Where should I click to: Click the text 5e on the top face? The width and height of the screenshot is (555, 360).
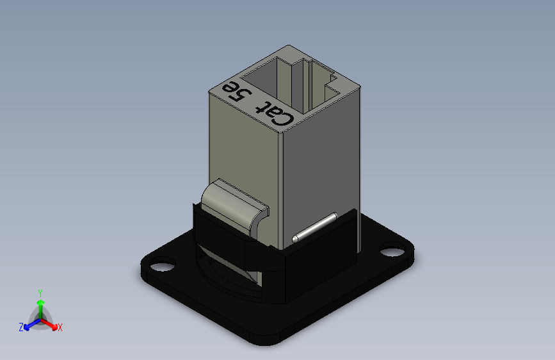point(236,91)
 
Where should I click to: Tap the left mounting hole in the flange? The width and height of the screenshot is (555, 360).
point(163,266)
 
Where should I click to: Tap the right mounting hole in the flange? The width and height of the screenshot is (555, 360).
point(392,250)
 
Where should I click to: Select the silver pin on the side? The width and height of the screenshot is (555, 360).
point(314,228)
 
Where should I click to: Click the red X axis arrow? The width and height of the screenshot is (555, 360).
point(49,323)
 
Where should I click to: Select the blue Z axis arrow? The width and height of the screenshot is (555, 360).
point(33,324)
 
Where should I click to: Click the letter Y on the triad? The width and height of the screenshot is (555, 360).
point(40,293)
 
